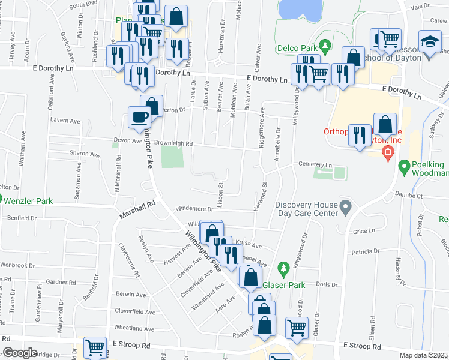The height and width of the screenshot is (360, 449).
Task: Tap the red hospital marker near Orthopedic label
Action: click(x=388, y=152)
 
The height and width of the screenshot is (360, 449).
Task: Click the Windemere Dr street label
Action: click(x=194, y=209)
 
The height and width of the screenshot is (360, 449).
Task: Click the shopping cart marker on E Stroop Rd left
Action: click(x=95, y=348)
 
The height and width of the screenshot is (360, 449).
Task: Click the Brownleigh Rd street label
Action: click(x=173, y=144)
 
